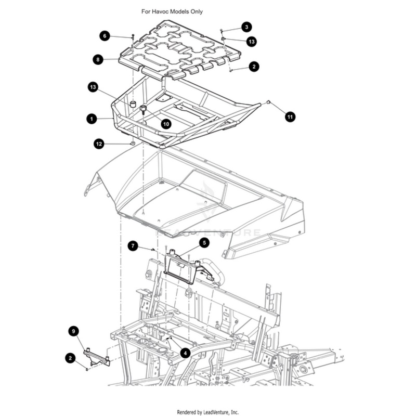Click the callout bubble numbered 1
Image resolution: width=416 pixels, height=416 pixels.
pos(92,119)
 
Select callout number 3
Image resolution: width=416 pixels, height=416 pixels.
pos(246,27)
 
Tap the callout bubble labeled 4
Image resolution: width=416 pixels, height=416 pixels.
pos(185,353)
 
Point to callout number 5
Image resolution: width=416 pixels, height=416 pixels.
pos(204,243)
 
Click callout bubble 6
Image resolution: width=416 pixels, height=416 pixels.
pos(105,36)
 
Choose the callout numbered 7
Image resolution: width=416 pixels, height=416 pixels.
pos(133,246)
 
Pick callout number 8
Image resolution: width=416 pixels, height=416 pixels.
pos(98,59)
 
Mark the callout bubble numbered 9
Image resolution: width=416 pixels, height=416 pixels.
pos(73,331)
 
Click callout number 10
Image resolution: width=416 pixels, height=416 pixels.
pos(166,124)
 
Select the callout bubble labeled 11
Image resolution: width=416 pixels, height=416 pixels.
pos(290,116)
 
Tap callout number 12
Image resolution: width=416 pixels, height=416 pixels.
pos(99,144)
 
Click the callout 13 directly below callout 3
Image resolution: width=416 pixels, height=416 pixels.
pos(252,42)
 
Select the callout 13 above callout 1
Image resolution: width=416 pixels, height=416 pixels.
pos(93,87)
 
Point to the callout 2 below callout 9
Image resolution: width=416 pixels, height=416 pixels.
pos(70,358)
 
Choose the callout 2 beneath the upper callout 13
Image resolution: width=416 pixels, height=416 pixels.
pos(254,67)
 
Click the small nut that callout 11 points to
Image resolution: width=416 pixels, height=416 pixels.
pos(268,102)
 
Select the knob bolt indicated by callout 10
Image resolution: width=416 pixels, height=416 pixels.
pos(144,109)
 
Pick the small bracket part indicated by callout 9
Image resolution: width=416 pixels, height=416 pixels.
pos(97,357)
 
